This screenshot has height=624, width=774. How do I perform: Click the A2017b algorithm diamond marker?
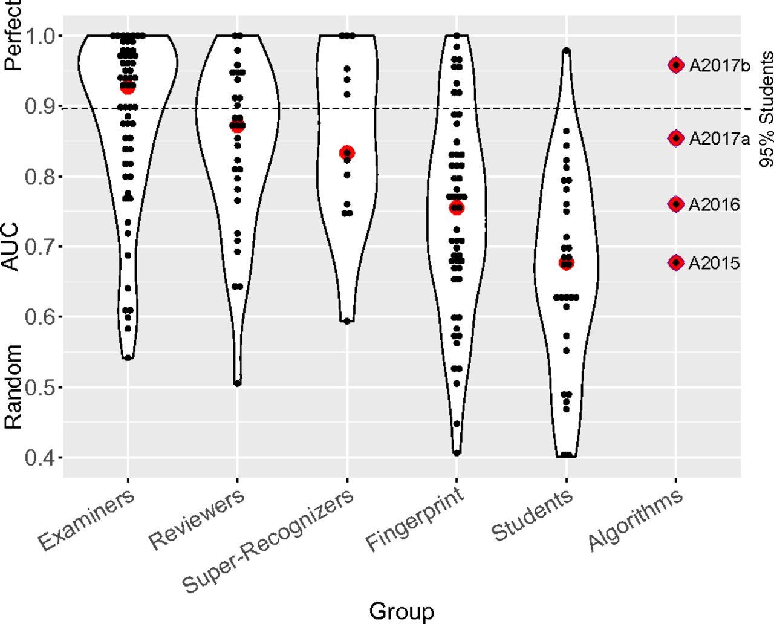coord(676,65)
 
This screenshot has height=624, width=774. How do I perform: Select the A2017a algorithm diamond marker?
coord(676,138)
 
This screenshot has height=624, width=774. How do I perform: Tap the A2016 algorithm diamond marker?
coord(676,204)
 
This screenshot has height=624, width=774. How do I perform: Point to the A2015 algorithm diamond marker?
coord(676,262)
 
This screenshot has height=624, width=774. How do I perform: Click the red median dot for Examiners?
coord(128,88)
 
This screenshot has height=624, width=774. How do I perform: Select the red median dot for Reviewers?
coord(237,126)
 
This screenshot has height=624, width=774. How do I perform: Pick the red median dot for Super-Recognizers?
coord(347,152)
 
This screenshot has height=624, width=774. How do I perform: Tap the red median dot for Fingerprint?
coord(457,208)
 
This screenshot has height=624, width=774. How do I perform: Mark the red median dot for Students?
coord(567,263)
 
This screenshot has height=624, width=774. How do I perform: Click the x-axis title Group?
coord(402,611)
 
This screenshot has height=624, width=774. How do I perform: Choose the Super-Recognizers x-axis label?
coord(269,541)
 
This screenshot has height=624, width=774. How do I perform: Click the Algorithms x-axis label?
coord(636,520)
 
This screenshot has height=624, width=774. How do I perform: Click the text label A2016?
coord(714,205)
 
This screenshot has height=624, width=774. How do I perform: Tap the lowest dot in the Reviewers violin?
coord(238,383)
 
